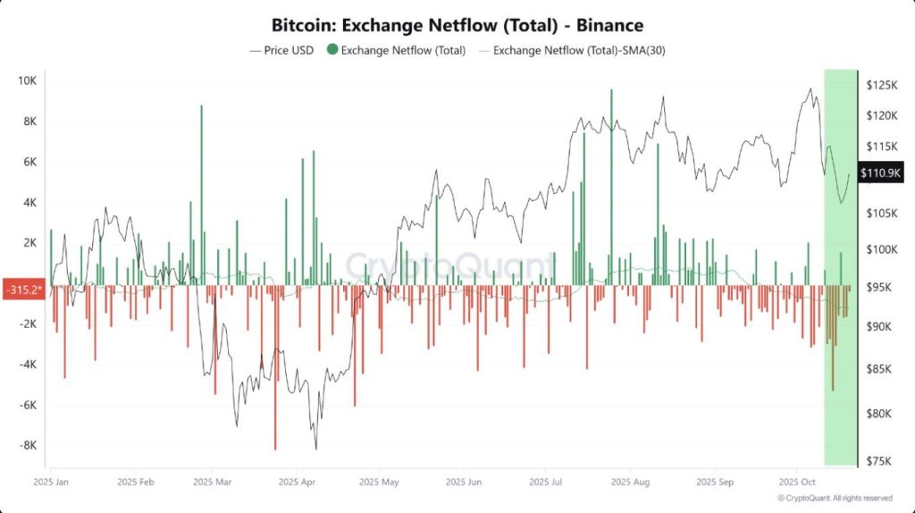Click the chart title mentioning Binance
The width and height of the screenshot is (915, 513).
457,25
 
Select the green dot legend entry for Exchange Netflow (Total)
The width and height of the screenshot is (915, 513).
397,51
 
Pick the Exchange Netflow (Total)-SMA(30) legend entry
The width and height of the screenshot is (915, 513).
571,51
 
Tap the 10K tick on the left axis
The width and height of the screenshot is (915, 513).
27,81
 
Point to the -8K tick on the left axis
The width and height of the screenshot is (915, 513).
27,445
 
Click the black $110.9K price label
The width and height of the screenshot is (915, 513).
881,172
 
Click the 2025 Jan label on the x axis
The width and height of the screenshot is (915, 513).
51,481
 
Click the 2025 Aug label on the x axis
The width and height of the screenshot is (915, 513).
629,481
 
